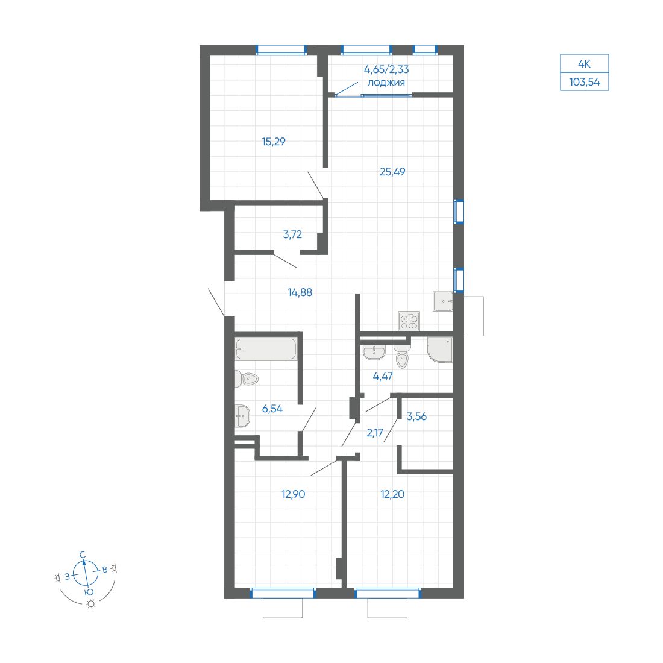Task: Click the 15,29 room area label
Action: click(274, 142)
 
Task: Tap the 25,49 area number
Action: click(392, 172)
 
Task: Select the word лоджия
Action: click(386, 83)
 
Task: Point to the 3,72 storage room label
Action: click(292, 234)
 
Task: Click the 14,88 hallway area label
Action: click(300, 292)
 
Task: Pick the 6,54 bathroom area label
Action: click(272, 409)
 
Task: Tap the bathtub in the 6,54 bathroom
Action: click(266, 349)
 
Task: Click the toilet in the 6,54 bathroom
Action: click(247, 379)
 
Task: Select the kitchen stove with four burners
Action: click(409, 321)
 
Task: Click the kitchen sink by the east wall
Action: click(443, 301)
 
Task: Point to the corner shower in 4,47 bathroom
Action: click(440, 350)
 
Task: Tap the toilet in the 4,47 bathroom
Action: click(402, 356)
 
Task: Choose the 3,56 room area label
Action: click(416, 416)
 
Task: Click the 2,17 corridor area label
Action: click(375, 433)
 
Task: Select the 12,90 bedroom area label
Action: click(293, 494)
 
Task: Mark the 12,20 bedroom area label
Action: click(392, 494)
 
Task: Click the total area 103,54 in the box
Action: click(585, 82)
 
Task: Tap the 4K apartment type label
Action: click(585, 64)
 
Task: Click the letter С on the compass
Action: click(83, 555)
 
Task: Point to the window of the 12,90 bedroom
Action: click(283, 593)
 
